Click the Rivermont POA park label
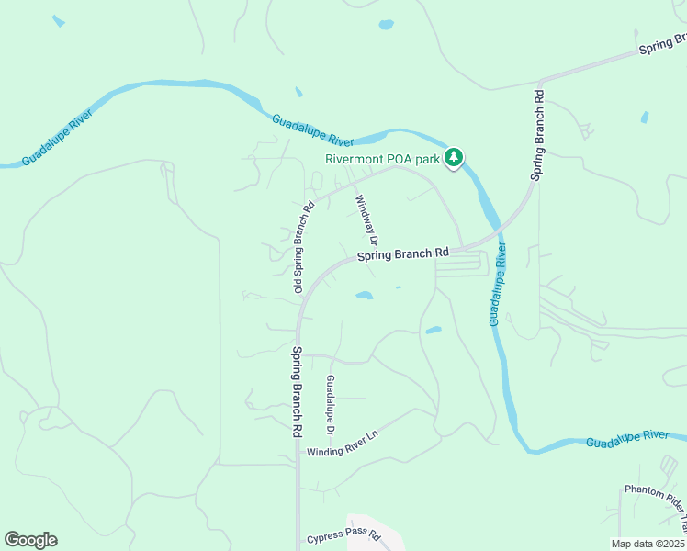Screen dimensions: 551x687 (384, 157)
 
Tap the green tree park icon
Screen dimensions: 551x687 (453, 158)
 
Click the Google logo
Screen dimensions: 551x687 (30, 540)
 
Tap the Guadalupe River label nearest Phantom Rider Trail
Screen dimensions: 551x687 (629, 439)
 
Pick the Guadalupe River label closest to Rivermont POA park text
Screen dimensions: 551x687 (313, 129)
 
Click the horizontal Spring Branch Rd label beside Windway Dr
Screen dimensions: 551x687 (403, 253)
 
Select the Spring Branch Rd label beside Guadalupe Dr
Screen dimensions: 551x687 (297, 390)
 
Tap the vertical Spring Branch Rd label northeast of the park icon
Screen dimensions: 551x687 (539, 135)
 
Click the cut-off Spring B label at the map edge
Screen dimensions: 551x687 (663, 44)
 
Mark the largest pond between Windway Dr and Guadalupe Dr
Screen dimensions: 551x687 (365, 296)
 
